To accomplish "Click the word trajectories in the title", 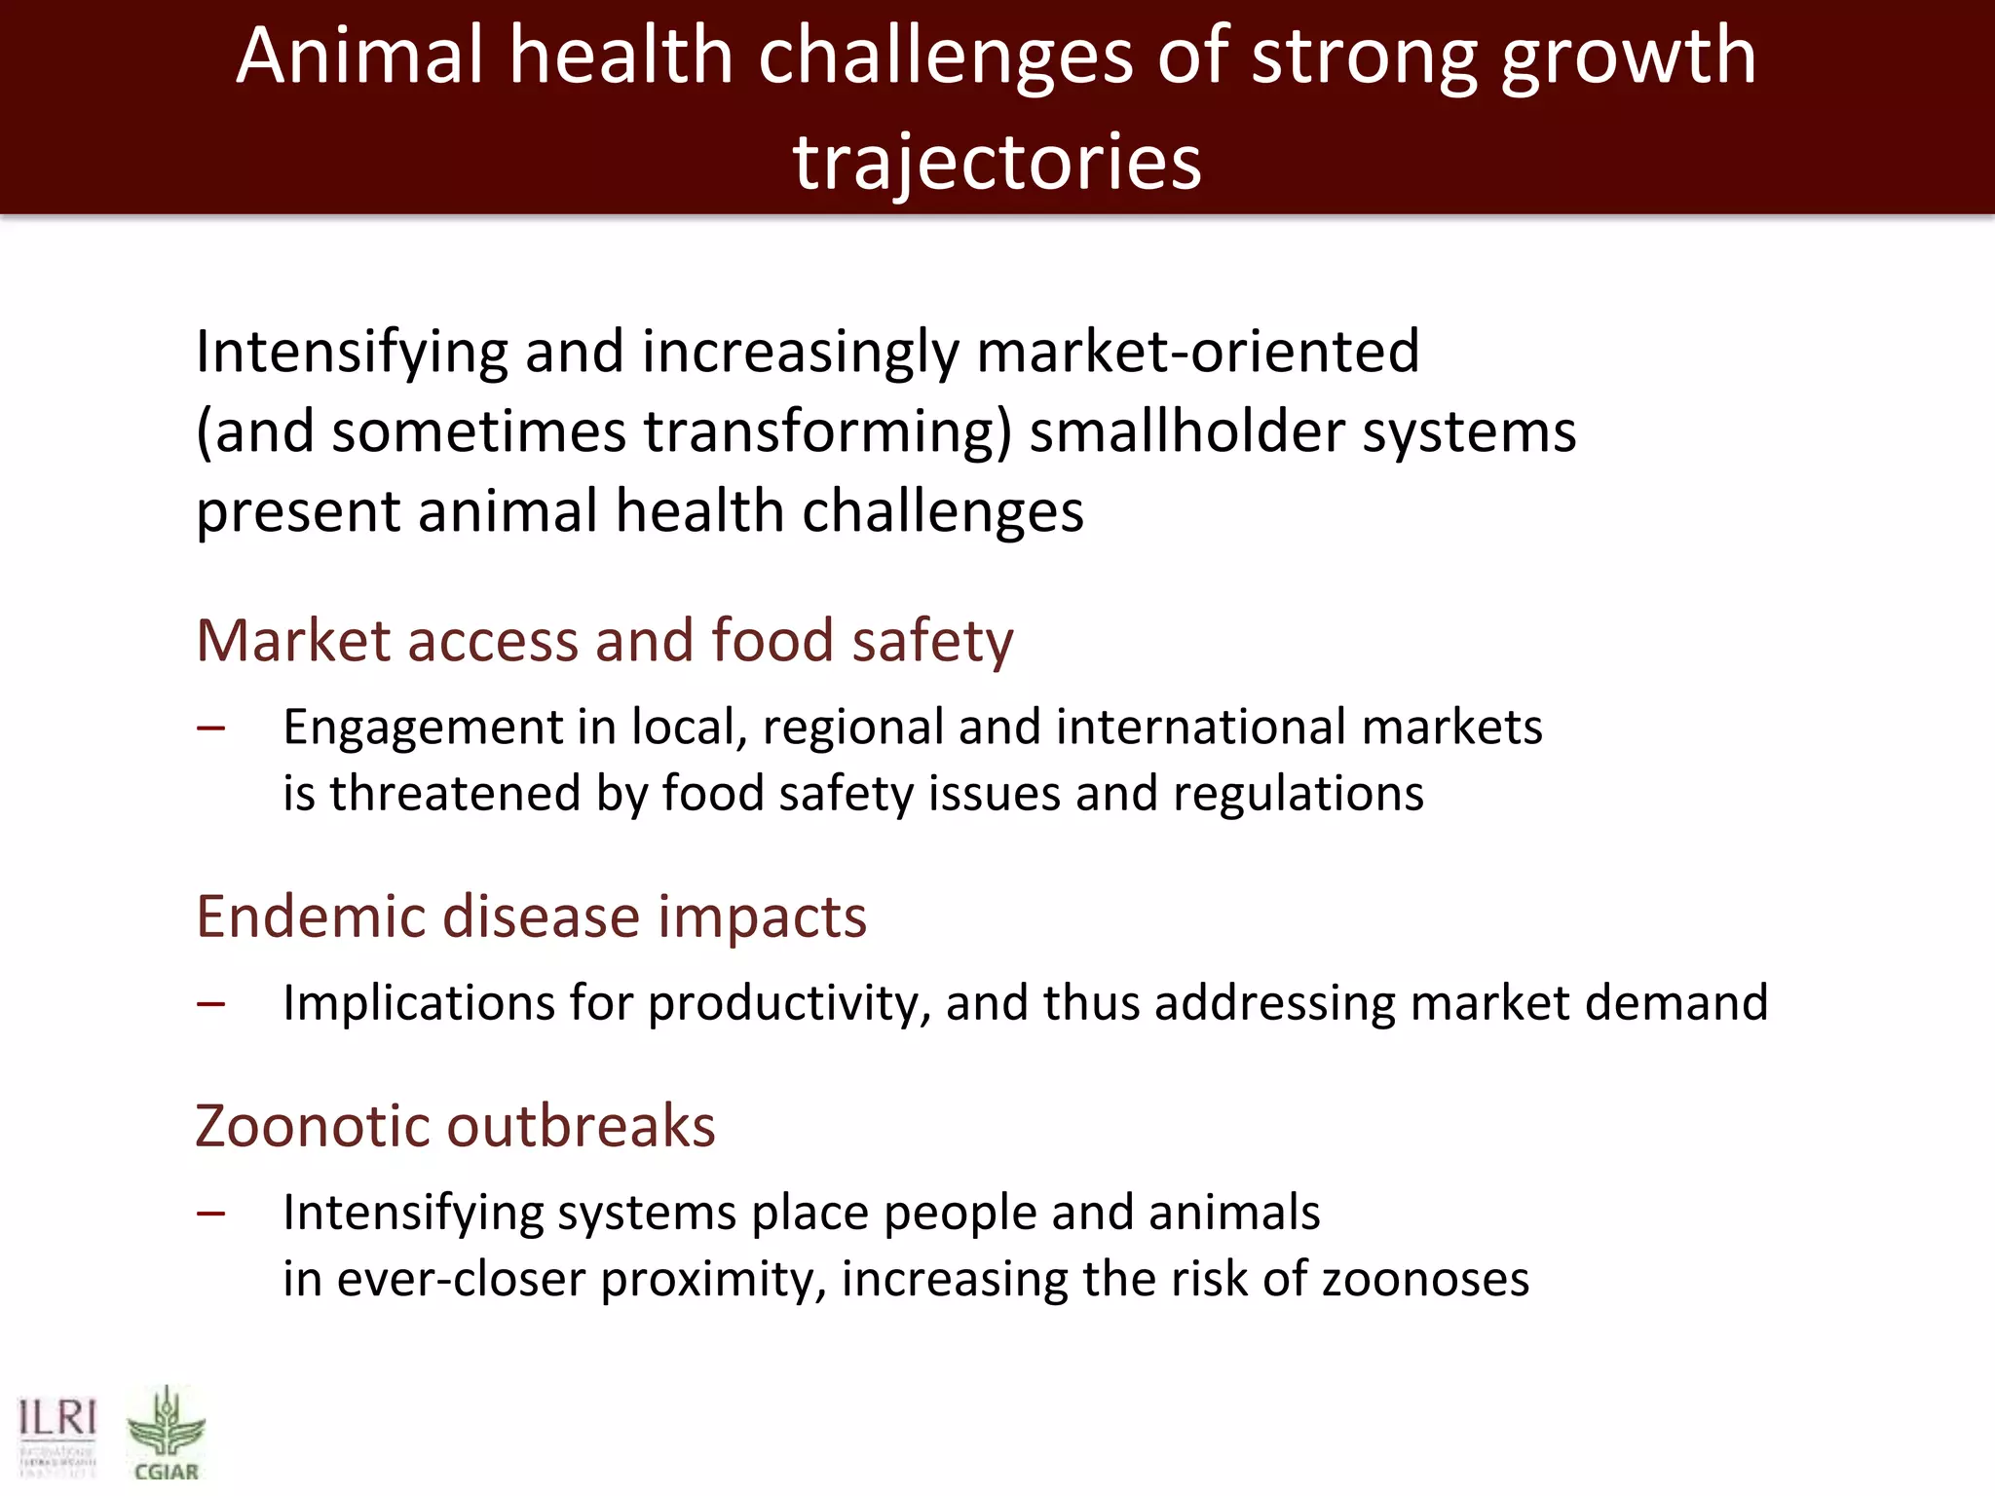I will click(997, 161).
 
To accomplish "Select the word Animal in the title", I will click(359, 56).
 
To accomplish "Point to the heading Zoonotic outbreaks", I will click(455, 1126).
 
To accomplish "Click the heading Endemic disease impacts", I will click(531, 916).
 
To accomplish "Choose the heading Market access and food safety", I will click(604, 641).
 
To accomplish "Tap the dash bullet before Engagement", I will click(210, 728).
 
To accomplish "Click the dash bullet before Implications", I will click(210, 1003).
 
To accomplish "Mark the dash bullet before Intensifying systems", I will click(210, 1214).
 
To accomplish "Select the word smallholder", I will click(1186, 431).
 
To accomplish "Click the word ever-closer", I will click(460, 1279).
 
